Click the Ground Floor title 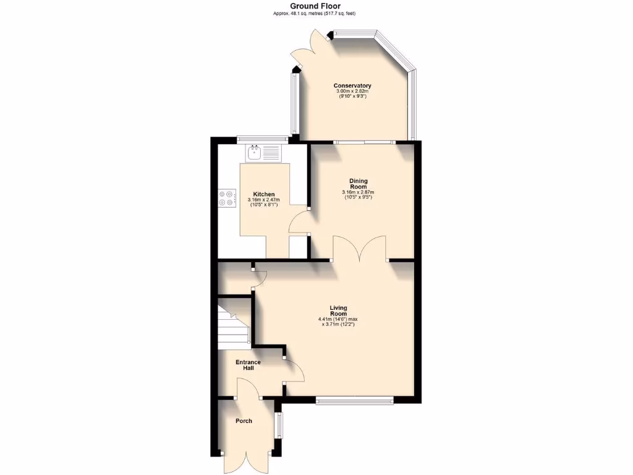[315, 6]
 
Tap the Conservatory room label [352, 85]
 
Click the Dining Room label [359, 184]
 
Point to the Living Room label [338, 310]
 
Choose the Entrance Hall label [249, 365]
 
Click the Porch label [244, 421]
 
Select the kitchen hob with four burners [227, 198]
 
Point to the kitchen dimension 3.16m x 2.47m [263, 200]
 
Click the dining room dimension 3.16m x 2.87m [359, 192]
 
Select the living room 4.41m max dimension [338, 319]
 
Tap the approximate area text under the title [315, 14]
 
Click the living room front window [354, 400]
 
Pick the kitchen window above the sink [262, 139]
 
